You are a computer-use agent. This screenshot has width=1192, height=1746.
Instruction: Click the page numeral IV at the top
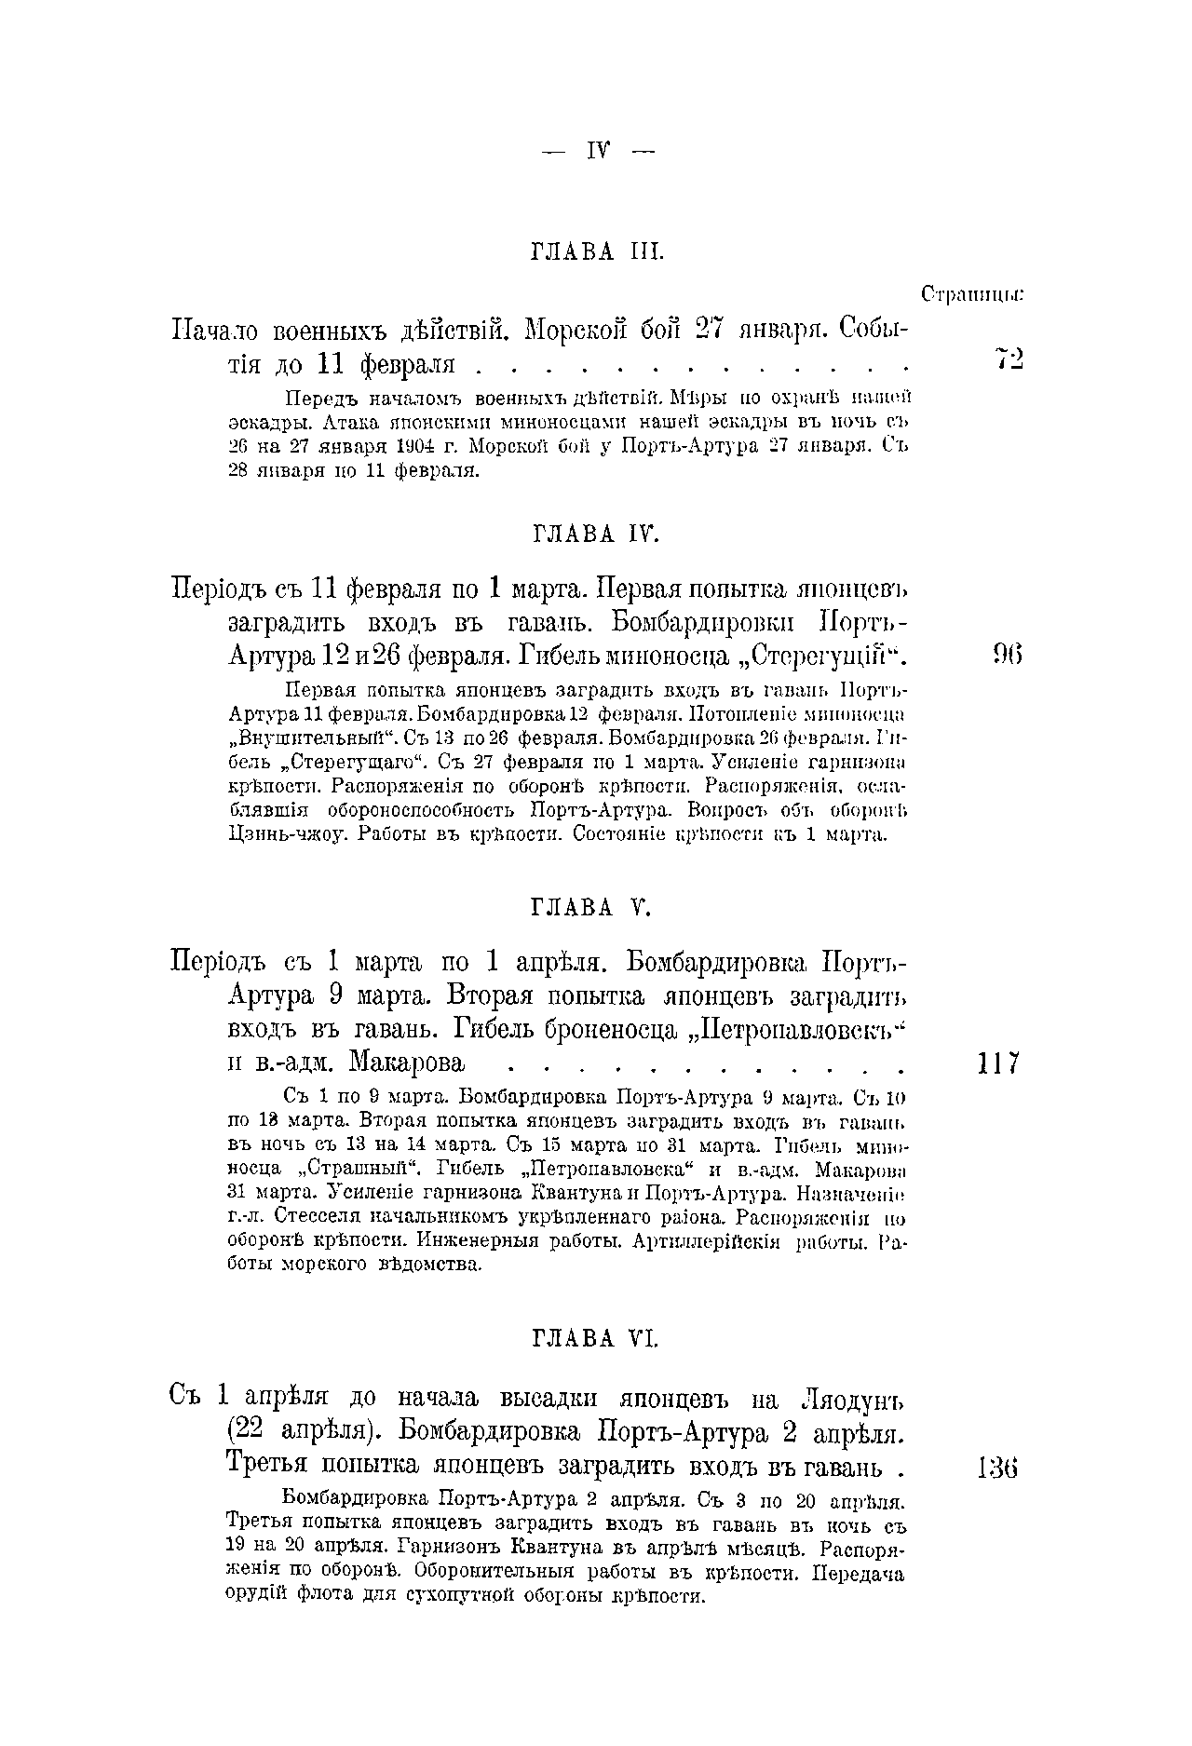coord(596,150)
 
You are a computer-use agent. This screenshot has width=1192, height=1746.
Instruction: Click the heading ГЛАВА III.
coord(596,251)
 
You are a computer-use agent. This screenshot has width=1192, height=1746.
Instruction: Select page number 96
coord(1008,656)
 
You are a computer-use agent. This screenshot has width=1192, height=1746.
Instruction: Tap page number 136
coord(999,1469)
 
